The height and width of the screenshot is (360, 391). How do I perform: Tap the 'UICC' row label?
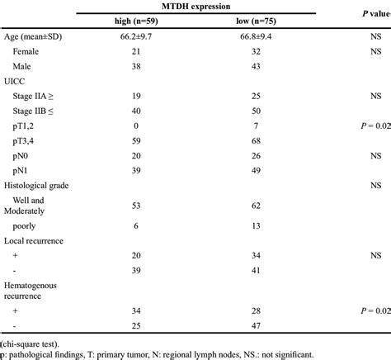tap(16, 81)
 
